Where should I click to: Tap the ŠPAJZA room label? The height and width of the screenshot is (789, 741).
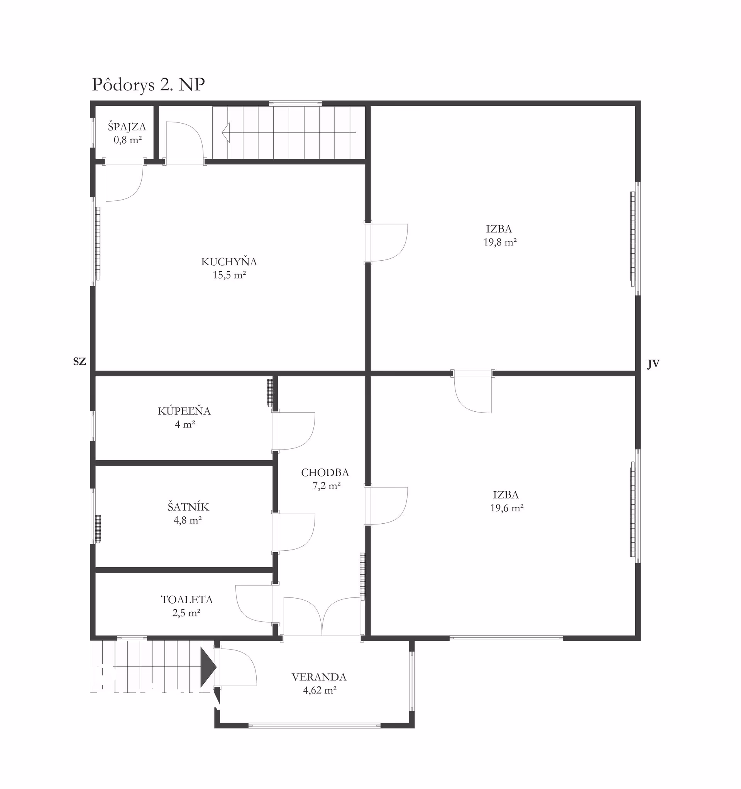(x=127, y=127)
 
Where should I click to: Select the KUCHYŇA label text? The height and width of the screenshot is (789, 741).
(x=229, y=262)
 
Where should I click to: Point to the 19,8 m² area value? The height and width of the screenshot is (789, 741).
(x=500, y=242)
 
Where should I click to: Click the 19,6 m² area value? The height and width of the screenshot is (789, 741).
(x=507, y=508)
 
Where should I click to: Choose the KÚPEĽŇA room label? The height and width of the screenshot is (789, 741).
(x=184, y=411)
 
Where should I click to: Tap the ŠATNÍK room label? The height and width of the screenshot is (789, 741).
(x=188, y=507)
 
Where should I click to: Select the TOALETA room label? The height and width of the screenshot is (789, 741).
(x=187, y=600)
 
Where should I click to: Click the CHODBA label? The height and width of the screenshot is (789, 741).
(x=325, y=473)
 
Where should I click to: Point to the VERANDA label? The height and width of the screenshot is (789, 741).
(x=319, y=677)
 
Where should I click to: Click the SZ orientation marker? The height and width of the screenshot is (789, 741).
(x=80, y=361)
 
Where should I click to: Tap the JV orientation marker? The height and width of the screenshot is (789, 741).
(x=653, y=364)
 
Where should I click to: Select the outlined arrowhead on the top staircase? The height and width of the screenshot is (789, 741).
(x=226, y=132)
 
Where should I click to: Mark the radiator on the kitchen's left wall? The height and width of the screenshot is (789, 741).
(x=98, y=243)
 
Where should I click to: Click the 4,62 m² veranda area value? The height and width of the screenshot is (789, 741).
(x=320, y=690)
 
